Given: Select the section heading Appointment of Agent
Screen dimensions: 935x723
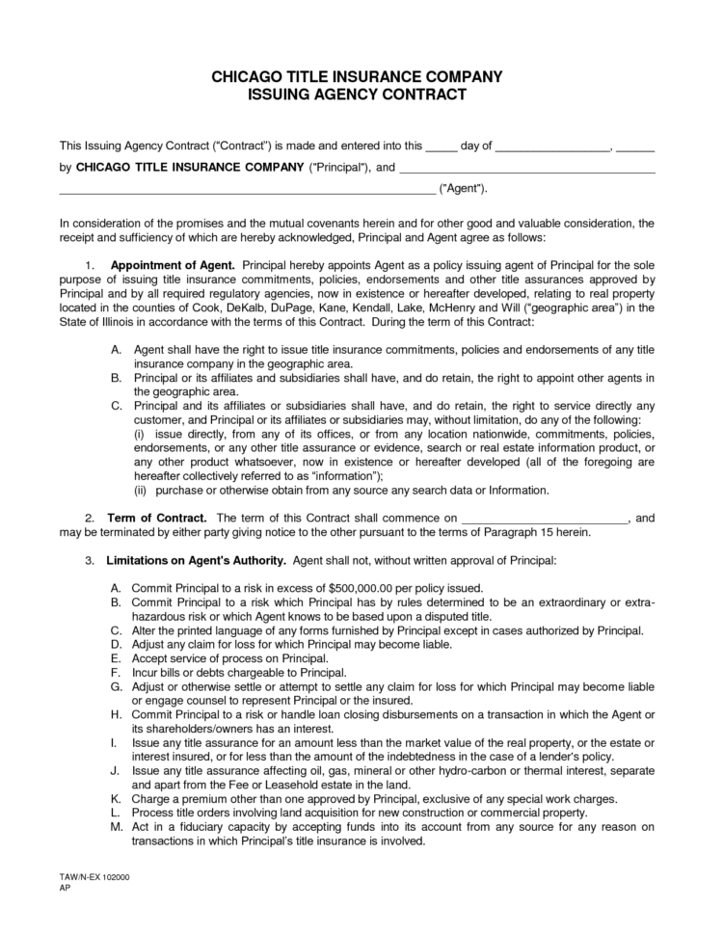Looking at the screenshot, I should [x=173, y=264].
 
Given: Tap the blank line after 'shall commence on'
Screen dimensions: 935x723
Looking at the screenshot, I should [x=547, y=519].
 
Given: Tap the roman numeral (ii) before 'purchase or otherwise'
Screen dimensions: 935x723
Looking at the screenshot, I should [x=141, y=490].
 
